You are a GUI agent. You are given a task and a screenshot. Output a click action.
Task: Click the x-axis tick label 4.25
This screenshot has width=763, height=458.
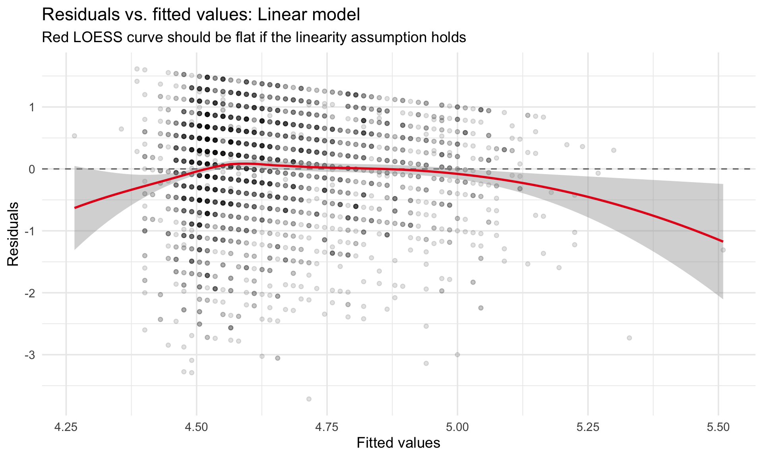[x=66, y=427]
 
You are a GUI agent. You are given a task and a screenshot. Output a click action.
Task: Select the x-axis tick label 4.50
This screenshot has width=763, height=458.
[x=196, y=427]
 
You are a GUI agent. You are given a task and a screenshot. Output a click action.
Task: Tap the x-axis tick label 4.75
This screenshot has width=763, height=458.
[x=327, y=427]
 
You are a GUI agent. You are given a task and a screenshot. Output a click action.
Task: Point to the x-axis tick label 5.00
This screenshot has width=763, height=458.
[x=457, y=427]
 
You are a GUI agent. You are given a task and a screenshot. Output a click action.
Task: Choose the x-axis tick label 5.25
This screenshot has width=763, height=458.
[x=588, y=427]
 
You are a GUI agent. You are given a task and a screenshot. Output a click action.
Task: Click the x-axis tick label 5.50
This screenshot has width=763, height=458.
[x=718, y=427]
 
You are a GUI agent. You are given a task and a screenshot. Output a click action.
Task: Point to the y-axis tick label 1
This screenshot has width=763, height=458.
[x=31, y=107]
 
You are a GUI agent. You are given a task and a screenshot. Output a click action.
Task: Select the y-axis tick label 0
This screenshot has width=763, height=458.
[x=31, y=169]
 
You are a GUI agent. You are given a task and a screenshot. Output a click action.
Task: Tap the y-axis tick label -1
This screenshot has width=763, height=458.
[x=29, y=231]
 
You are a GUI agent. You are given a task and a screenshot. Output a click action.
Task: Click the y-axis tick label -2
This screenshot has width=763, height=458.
[x=29, y=293]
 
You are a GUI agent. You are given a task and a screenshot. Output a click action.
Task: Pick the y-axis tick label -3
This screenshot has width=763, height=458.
[x=29, y=355]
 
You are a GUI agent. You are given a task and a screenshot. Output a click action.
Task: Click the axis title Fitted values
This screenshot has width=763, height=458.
[x=398, y=443]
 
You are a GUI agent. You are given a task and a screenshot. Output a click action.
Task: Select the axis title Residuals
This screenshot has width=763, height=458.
[x=13, y=234]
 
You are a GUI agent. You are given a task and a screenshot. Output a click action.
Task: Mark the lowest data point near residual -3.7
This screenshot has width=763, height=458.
[x=309, y=399]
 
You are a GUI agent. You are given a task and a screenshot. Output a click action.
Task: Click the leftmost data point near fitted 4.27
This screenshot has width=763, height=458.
[x=74, y=136]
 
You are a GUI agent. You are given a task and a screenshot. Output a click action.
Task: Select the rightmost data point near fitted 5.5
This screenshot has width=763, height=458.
[x=723, y=250]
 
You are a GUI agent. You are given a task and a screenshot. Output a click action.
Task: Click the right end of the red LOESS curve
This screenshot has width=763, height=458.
[x=722, y=241]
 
